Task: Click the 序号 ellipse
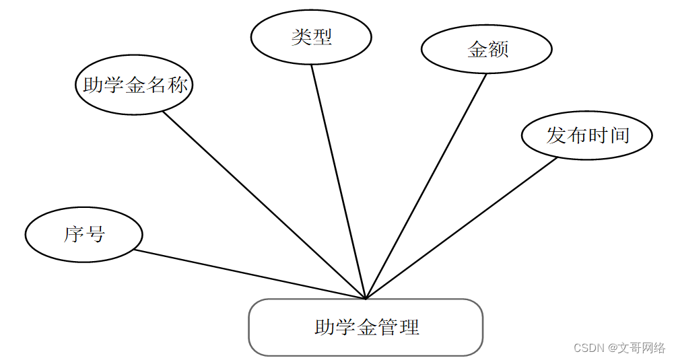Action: tap(84, 235)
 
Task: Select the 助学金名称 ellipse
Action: tap(134, 85)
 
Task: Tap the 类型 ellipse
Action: tap(311, 37)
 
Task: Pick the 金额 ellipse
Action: tap(487, 49)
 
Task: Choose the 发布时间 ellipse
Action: tap(587, 135)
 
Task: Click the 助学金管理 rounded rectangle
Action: tap(366, 328)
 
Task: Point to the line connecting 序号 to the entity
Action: tap(249, 275)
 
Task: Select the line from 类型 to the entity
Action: tap(338, 182)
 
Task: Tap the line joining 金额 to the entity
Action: tap(426, 186)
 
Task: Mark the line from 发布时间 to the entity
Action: tap(461, 228)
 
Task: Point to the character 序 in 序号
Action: tap(73, 235)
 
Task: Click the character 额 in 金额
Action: tap(498, 49)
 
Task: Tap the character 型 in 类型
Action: tap(322, 37)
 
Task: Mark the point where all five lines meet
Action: tap(366, 298)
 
